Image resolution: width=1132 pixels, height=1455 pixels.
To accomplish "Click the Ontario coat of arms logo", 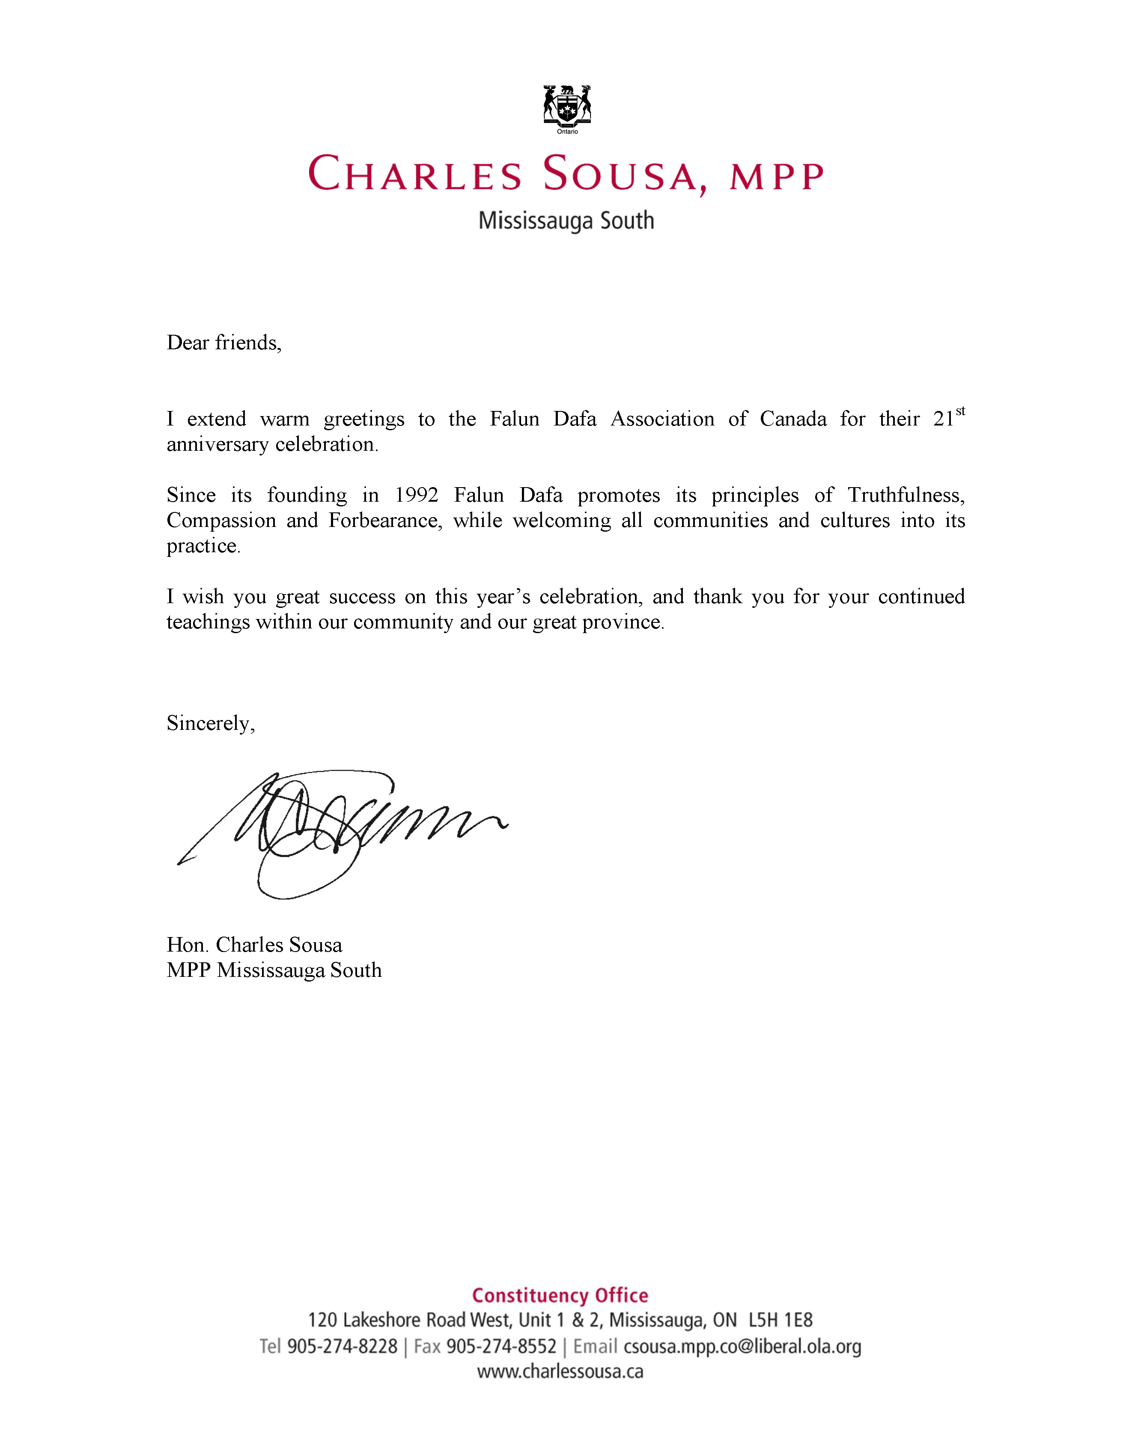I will pos(567,107).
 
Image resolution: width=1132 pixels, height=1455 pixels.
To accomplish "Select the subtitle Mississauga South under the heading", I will pos(566,220).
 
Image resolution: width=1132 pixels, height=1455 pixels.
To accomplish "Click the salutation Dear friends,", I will pos(224,342).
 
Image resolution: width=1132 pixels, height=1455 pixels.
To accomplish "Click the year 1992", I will pos(417,495).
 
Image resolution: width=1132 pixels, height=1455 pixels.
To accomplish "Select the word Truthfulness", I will pos(906,495).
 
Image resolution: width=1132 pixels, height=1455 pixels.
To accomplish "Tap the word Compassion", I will pos(221,520).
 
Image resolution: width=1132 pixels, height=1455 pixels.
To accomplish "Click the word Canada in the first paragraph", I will pos(793,419).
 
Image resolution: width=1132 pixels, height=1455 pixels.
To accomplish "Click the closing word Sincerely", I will pos(210,723).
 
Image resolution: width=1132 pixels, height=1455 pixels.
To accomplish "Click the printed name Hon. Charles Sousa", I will pos(254,945).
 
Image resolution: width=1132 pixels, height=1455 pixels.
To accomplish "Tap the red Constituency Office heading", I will pos(560,1295).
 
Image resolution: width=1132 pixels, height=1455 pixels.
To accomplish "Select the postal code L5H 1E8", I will pos(780,1321).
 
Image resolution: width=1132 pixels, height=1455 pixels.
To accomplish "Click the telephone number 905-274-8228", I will pos(342,1346).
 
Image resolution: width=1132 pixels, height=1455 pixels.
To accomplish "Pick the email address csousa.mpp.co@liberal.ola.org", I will pos(742,1346).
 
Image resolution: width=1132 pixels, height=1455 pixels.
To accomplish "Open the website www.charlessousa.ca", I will pos(560,1372).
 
